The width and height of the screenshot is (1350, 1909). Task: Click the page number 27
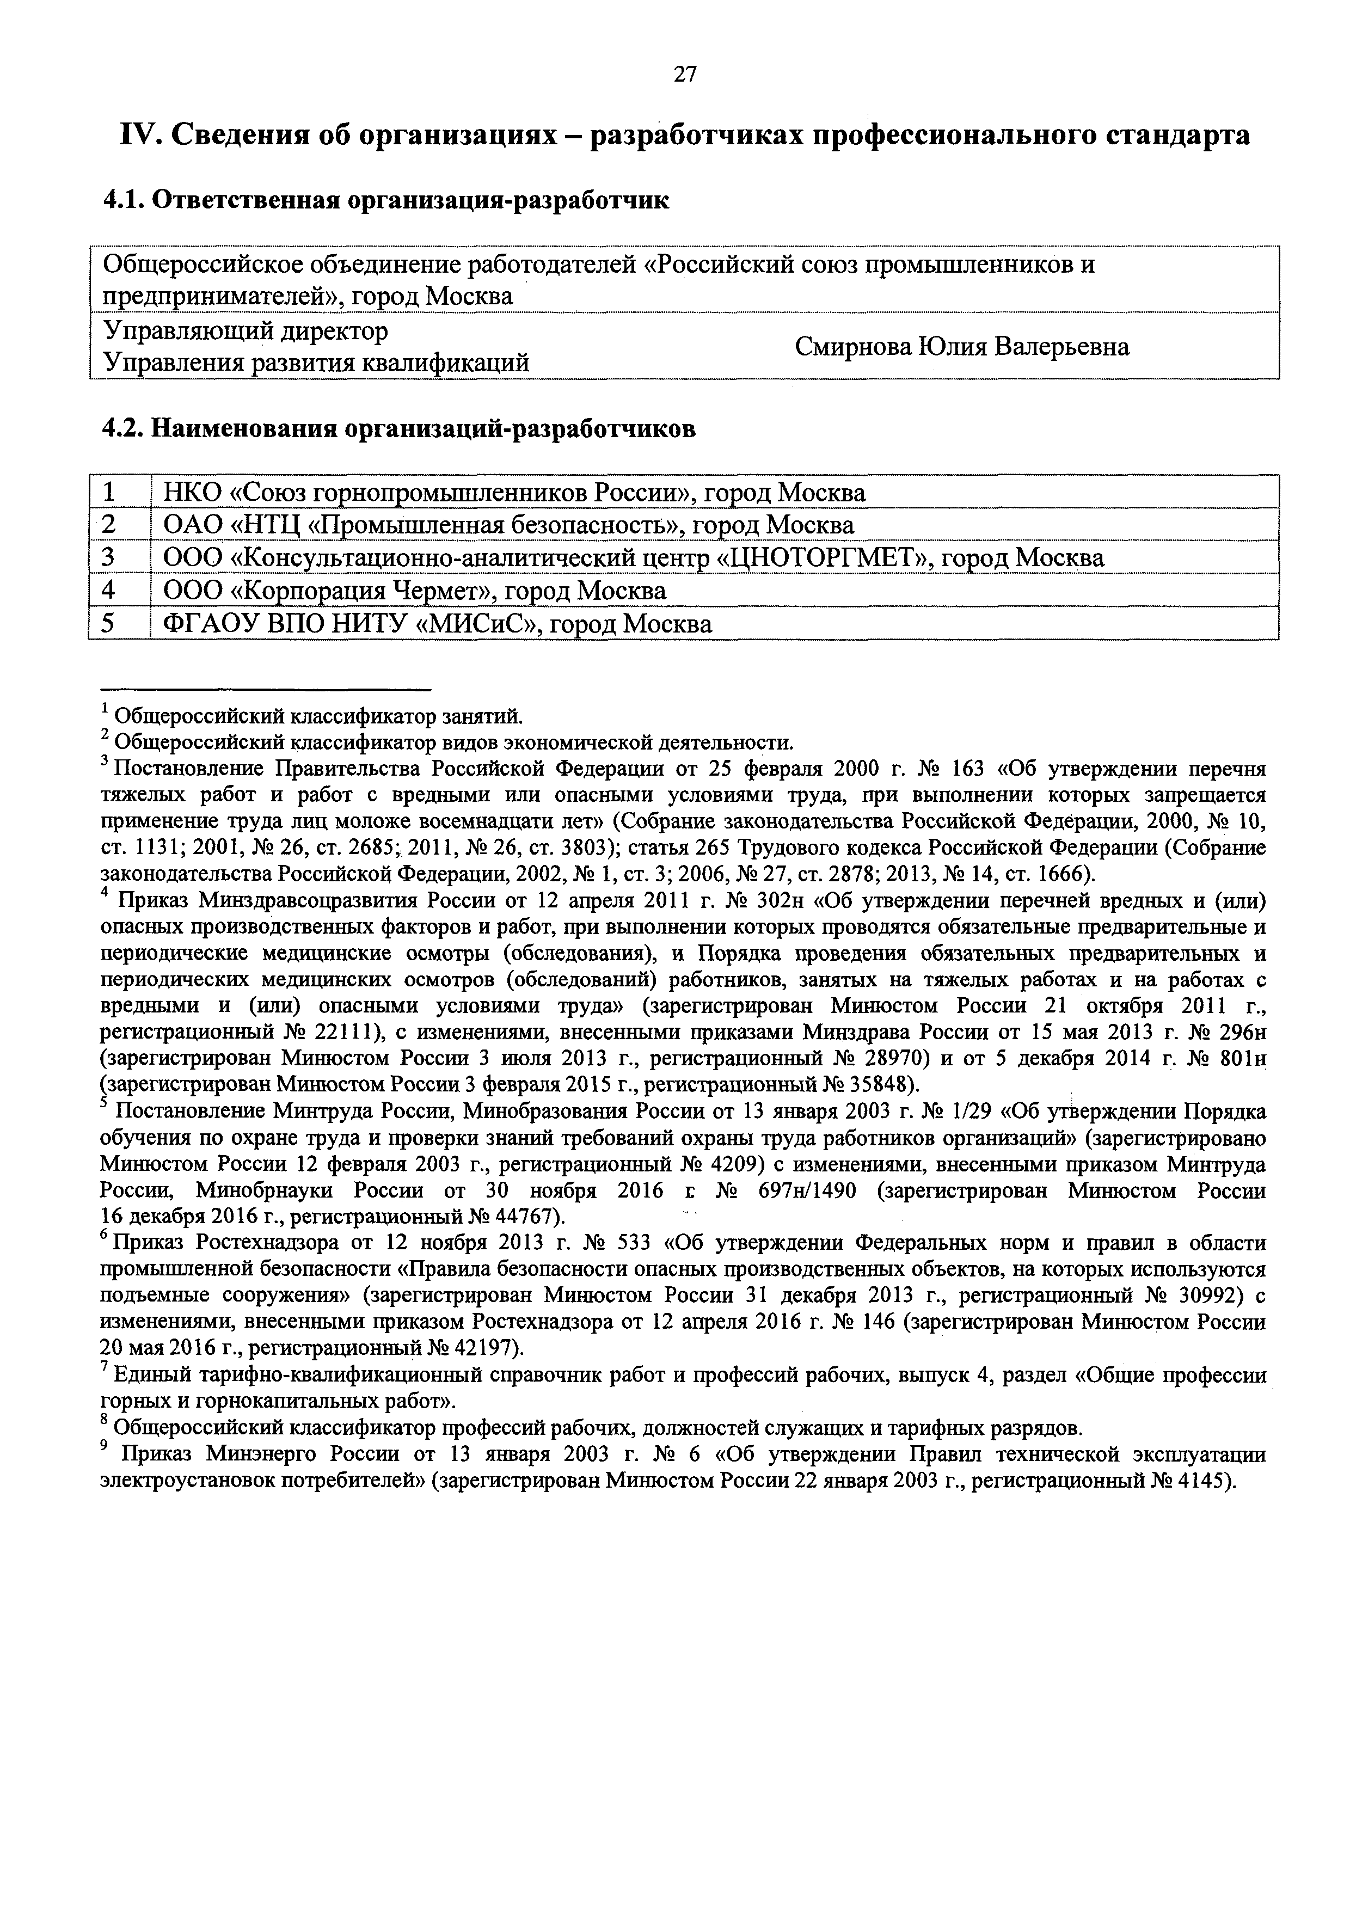684,75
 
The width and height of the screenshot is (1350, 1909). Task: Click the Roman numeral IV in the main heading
142,136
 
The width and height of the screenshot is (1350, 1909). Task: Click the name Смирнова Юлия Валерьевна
962,347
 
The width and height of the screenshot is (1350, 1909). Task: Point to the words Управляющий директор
245,331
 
